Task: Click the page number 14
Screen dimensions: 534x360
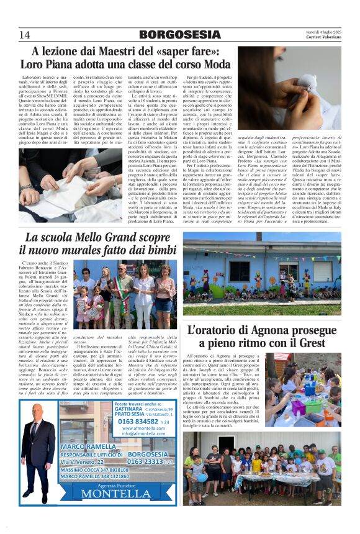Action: click(25, 34)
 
